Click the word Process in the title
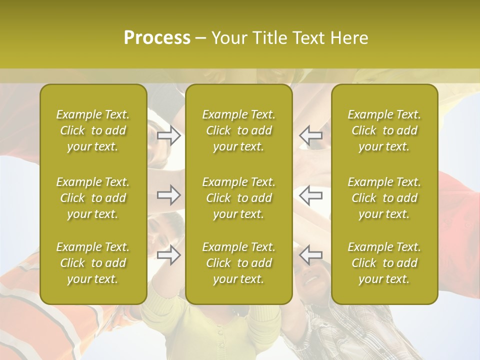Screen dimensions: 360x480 (157, 38)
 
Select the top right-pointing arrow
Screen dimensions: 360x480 (169, 135)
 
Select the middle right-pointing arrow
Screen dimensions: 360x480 (169, 195)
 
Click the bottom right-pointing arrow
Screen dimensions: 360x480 (169, 255)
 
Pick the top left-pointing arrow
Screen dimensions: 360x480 (310, 135)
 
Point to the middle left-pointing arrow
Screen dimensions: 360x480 (310, 195)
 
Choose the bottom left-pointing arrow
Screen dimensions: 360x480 (310, 255)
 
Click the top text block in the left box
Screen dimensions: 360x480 (93, 130)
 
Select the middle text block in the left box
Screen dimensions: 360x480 (93, 198)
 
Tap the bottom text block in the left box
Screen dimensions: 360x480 (93, 263)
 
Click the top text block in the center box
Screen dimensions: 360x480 (238, 130)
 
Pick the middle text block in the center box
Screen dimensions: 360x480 (238, 198)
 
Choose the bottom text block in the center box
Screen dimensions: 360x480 (238, 263)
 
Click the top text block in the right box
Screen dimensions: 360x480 (384, 130)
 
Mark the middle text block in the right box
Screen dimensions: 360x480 (384, 198)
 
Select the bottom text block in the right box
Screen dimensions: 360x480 (384, 263)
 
